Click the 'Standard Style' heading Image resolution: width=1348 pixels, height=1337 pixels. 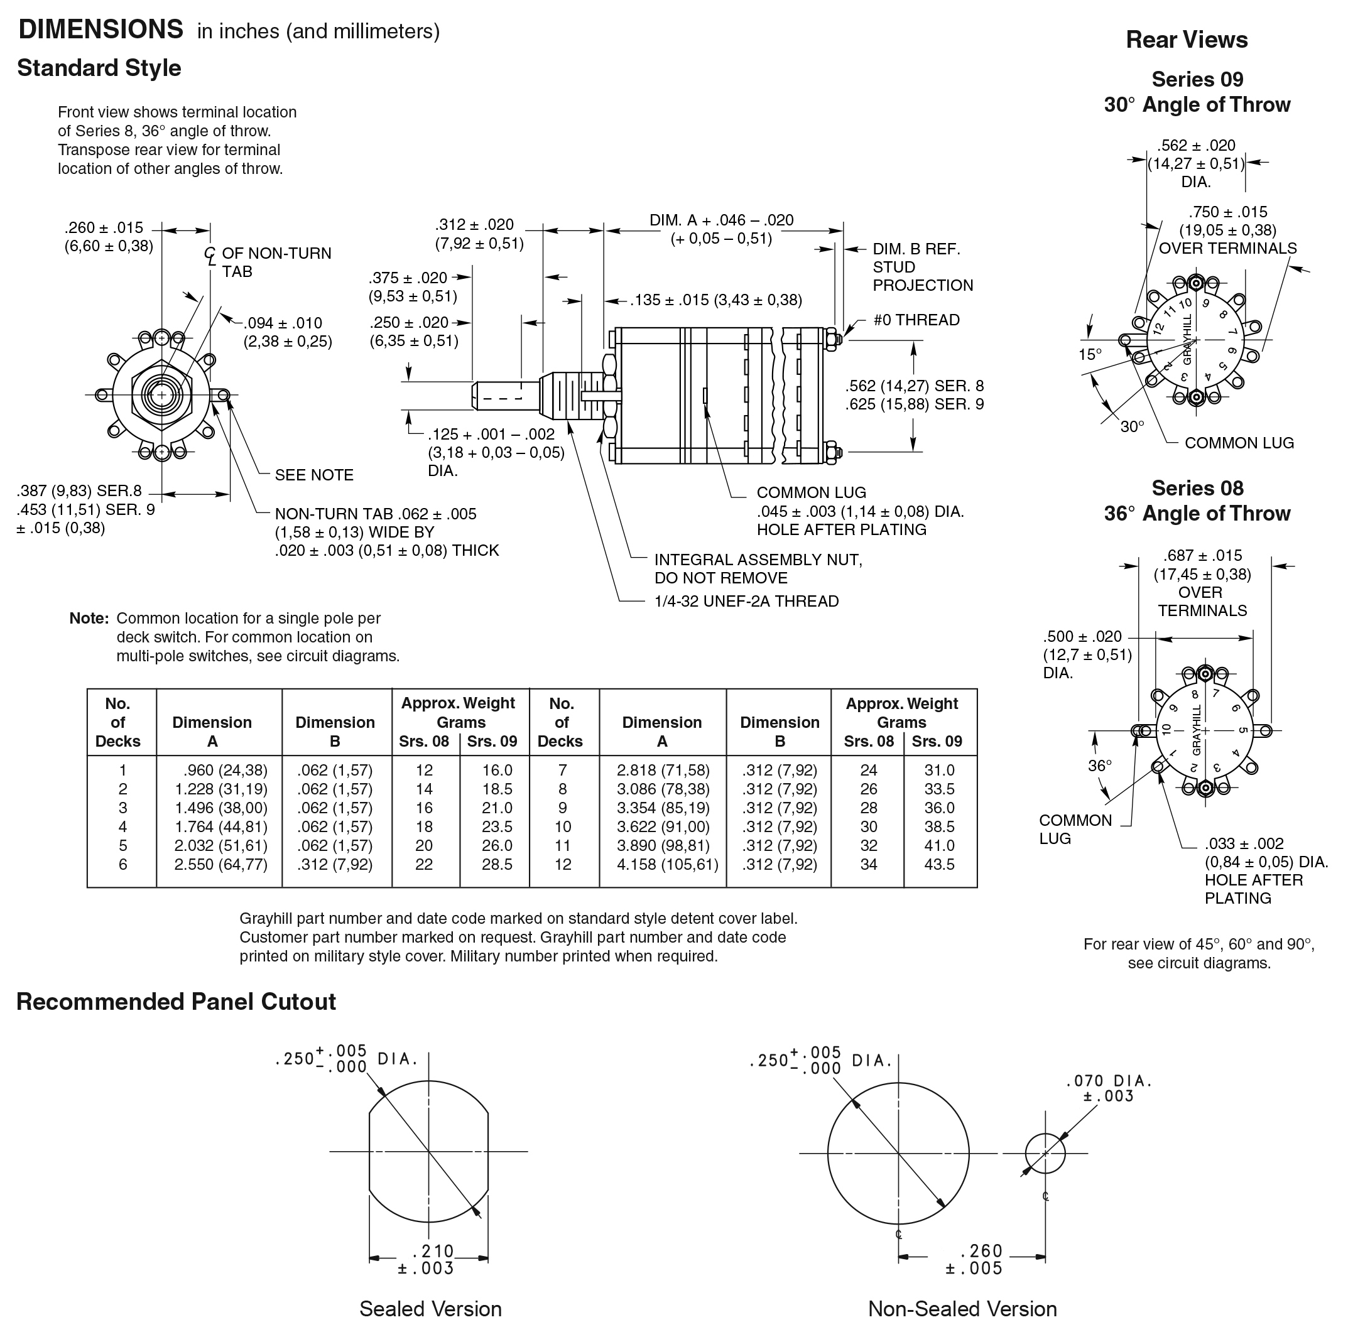coord(99,68)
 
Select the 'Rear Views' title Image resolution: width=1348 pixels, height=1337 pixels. coord(1186,40)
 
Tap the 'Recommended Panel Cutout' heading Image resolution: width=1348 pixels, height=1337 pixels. coord(176,1002)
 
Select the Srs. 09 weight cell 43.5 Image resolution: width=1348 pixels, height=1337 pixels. coord(939,864)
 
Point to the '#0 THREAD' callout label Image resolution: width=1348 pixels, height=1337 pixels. coord(916,320)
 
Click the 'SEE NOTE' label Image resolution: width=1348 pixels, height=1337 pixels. coord(314,475)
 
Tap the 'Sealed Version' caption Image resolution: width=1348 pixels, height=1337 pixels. coord(430,1309)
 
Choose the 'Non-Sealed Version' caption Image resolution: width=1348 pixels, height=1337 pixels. coord(962,1309)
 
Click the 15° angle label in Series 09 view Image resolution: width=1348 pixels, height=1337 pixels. coord(1090,354)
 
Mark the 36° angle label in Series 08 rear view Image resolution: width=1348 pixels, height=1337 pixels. coord(1100,766)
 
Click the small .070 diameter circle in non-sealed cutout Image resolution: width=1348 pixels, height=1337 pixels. coord(1045,1153)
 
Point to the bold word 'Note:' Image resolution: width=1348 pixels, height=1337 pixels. coord(89,619)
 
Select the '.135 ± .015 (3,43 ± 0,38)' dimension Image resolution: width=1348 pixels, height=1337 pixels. coord(716,301)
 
